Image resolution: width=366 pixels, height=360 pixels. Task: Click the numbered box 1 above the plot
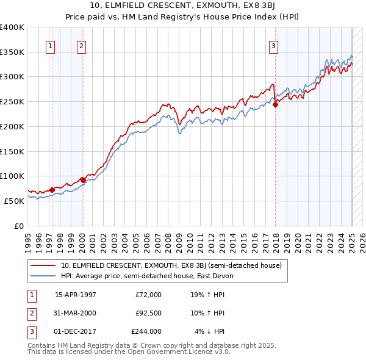(49, 45)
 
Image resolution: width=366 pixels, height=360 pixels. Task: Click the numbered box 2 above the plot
(81, 45)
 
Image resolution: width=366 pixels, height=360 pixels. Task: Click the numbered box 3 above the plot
(274, 45)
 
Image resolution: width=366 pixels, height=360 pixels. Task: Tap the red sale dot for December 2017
(275, 105)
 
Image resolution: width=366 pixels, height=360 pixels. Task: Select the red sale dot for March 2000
(83, 180)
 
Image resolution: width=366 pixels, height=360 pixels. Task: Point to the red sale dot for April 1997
(52, 190)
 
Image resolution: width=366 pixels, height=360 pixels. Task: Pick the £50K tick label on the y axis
(14, 201)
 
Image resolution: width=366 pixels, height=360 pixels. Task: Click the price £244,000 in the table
(146, 332)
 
